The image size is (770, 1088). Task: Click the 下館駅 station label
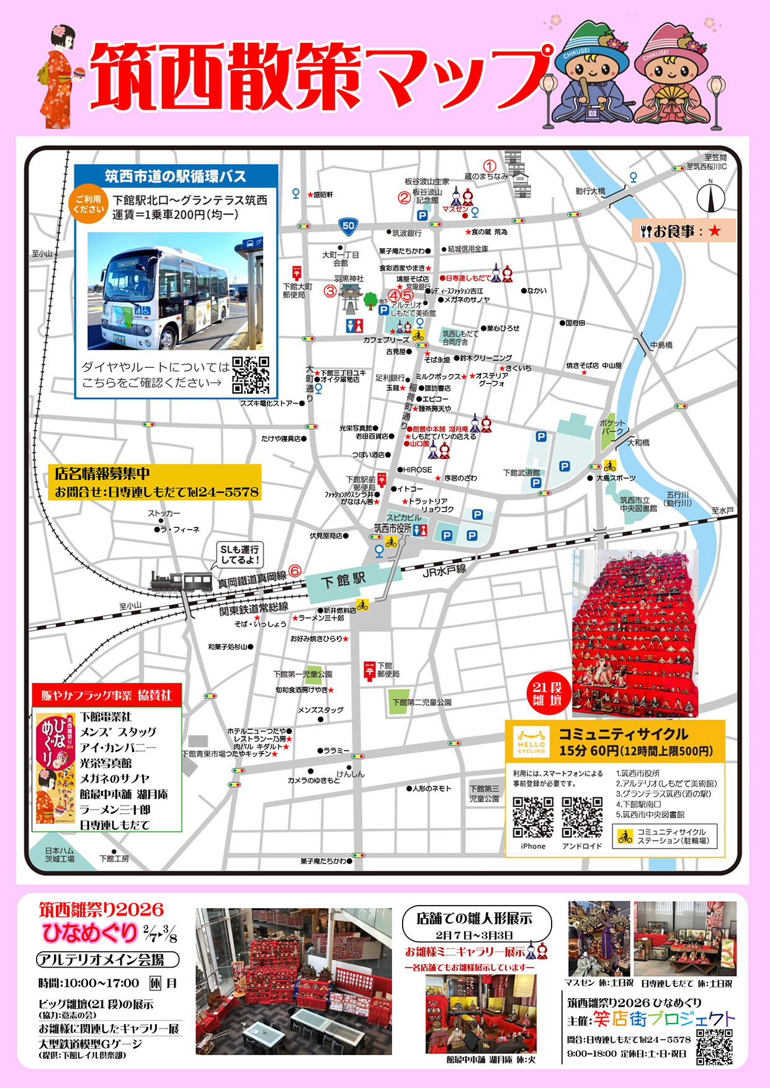click(x=343, y=581)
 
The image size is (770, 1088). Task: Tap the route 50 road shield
click(x=348, y=226)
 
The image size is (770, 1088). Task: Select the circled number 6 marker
click(x=295, y=570)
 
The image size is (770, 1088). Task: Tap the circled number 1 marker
click(x=490, y=166)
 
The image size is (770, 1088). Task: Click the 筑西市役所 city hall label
click(x=392, y=528)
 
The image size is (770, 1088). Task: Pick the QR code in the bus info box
click(x=251, y=375)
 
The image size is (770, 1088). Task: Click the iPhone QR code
click(x=533, y=817)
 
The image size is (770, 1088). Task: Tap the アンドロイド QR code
click(x=582, y=817)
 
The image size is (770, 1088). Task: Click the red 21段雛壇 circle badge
click(x=547, y=693)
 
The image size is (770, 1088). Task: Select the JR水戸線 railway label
click(x=444, y=570)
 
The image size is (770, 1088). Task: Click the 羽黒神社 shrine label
click(x=349, y=279)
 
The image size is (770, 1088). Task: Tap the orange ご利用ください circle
click(x=89, y=204)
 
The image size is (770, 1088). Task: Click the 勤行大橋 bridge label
click(x=590, y=191)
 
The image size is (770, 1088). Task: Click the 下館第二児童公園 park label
click(x=421, y=702)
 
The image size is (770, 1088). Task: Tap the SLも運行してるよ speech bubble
click(x=240, y=554)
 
